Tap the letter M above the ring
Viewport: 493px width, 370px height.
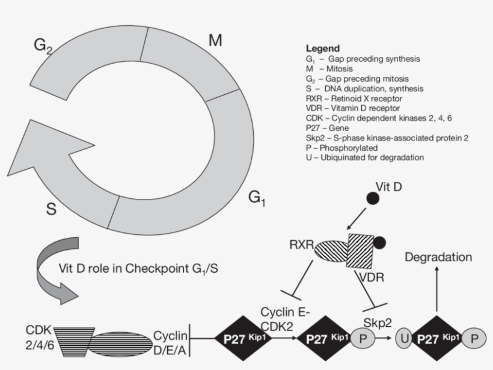click(215, 41)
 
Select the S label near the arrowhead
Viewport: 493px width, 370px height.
click(52, 210)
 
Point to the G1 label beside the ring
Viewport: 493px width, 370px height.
click(257, 198)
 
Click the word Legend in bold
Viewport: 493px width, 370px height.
click(323, 48)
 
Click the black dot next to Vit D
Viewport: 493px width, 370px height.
click(373, 197)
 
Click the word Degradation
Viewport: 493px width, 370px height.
click(438, 257)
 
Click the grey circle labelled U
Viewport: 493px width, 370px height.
click(405, 339)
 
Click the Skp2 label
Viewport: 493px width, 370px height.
click(378, 323)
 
